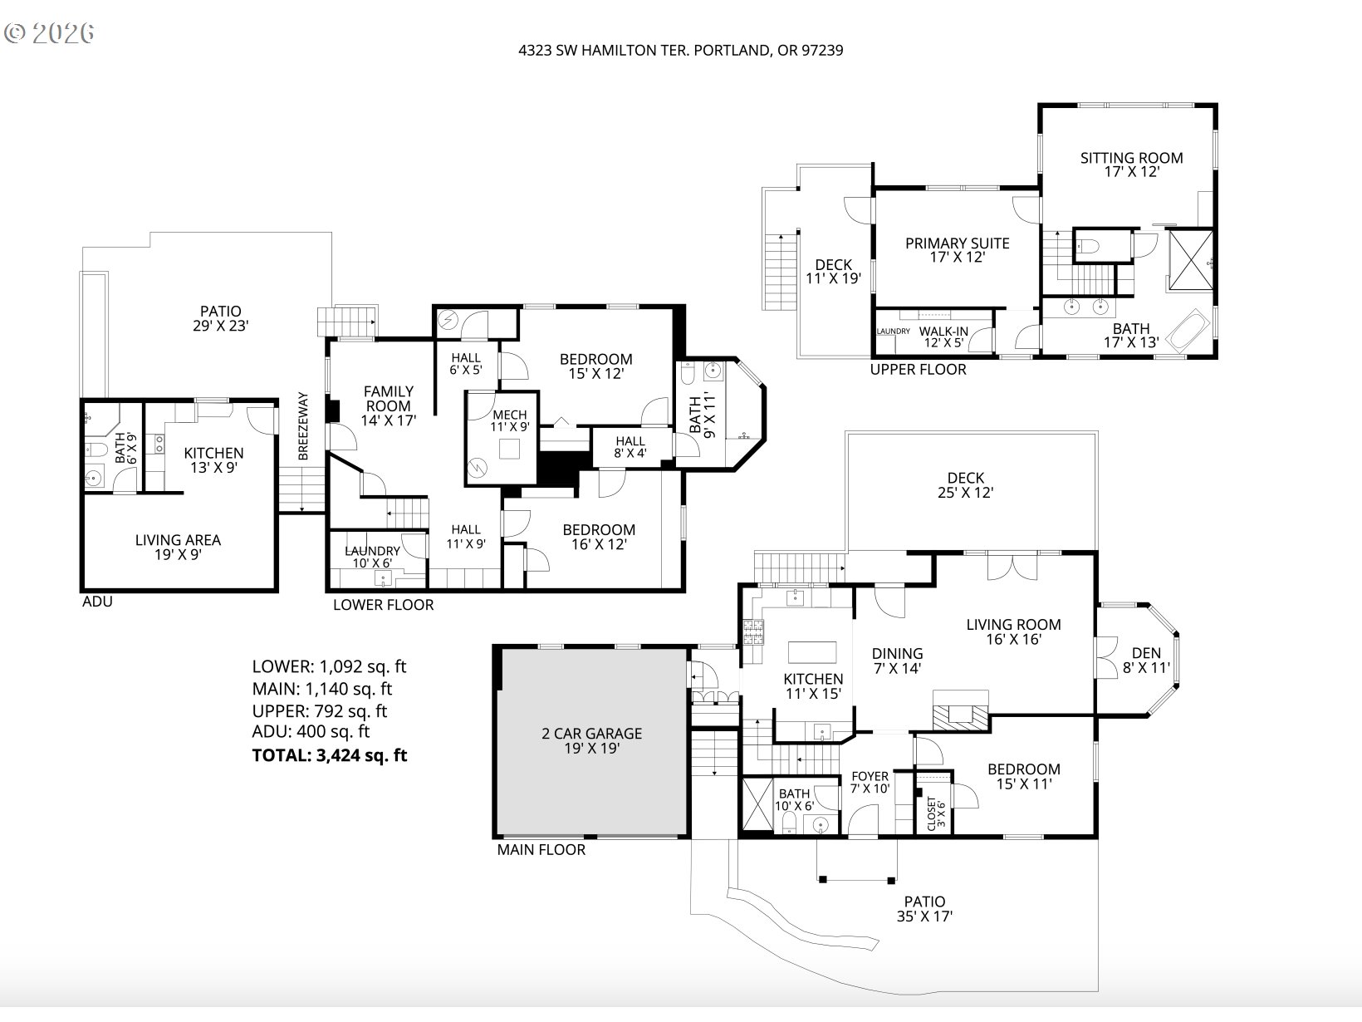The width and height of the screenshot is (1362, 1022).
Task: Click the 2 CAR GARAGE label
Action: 591,734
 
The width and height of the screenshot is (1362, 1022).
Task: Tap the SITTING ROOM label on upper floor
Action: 1131,158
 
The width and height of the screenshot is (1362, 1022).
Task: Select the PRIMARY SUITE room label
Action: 957,243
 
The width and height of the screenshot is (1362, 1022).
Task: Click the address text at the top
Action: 680,50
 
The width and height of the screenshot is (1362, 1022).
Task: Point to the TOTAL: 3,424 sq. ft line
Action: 329,755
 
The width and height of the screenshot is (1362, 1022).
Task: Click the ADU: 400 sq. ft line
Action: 311,732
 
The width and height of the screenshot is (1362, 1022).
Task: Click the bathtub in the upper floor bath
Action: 1188,329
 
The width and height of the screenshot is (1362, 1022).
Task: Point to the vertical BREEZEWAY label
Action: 303,426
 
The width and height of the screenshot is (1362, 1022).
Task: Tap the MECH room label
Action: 510,415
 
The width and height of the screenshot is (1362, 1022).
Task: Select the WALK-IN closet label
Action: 945,331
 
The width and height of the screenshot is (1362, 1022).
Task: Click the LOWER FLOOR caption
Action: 383,605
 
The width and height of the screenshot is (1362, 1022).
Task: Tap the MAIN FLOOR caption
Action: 541,850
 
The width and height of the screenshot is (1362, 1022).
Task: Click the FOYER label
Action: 870,776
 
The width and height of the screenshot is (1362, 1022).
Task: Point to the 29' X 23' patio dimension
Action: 220,327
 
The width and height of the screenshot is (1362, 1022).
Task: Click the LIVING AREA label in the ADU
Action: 178,540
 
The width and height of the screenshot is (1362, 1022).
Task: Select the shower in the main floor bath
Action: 757,803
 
